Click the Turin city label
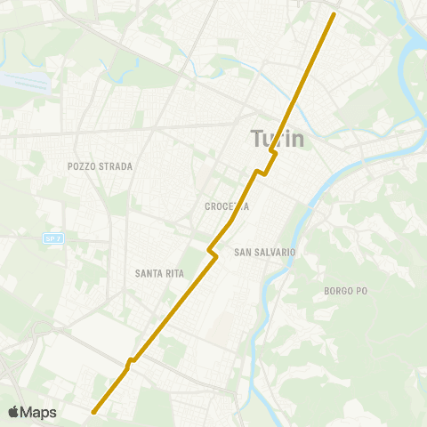(278, 140)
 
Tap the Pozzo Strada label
(100, 166)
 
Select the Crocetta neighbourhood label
(226, 206)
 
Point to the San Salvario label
(264, 253)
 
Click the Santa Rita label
(160, 273)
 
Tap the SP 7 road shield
(52, 238)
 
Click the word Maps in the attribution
(40, 412)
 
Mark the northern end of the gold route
(334, 14)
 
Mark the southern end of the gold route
(93, 411)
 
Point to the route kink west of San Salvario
(213, 252)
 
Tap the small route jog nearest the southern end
(131, 362)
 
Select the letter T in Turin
(257, 140)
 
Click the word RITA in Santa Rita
(173, 273)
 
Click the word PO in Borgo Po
(361, 291)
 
